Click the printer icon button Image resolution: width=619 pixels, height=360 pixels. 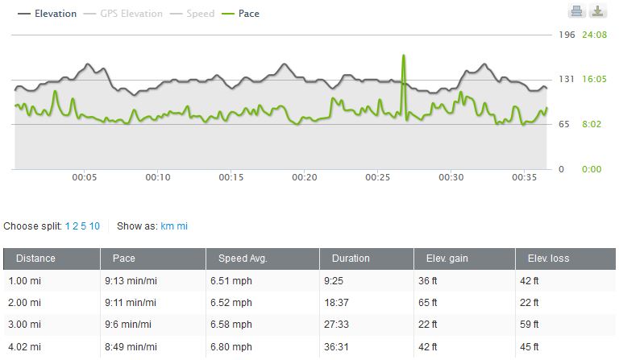[x=576, y=11]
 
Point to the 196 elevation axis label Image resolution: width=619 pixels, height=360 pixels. [x=567, y=35]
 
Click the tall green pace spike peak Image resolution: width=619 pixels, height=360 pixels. [x=403, y=56]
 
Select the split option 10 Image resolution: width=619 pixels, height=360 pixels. [x=94, y=226]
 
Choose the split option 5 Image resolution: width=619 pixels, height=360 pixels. [x=83, y=226]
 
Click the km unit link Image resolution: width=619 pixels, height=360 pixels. [x=167, y=226]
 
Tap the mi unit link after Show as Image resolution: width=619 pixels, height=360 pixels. [x=182, y=226]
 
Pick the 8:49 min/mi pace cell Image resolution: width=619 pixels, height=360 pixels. [x=131, y=348]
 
